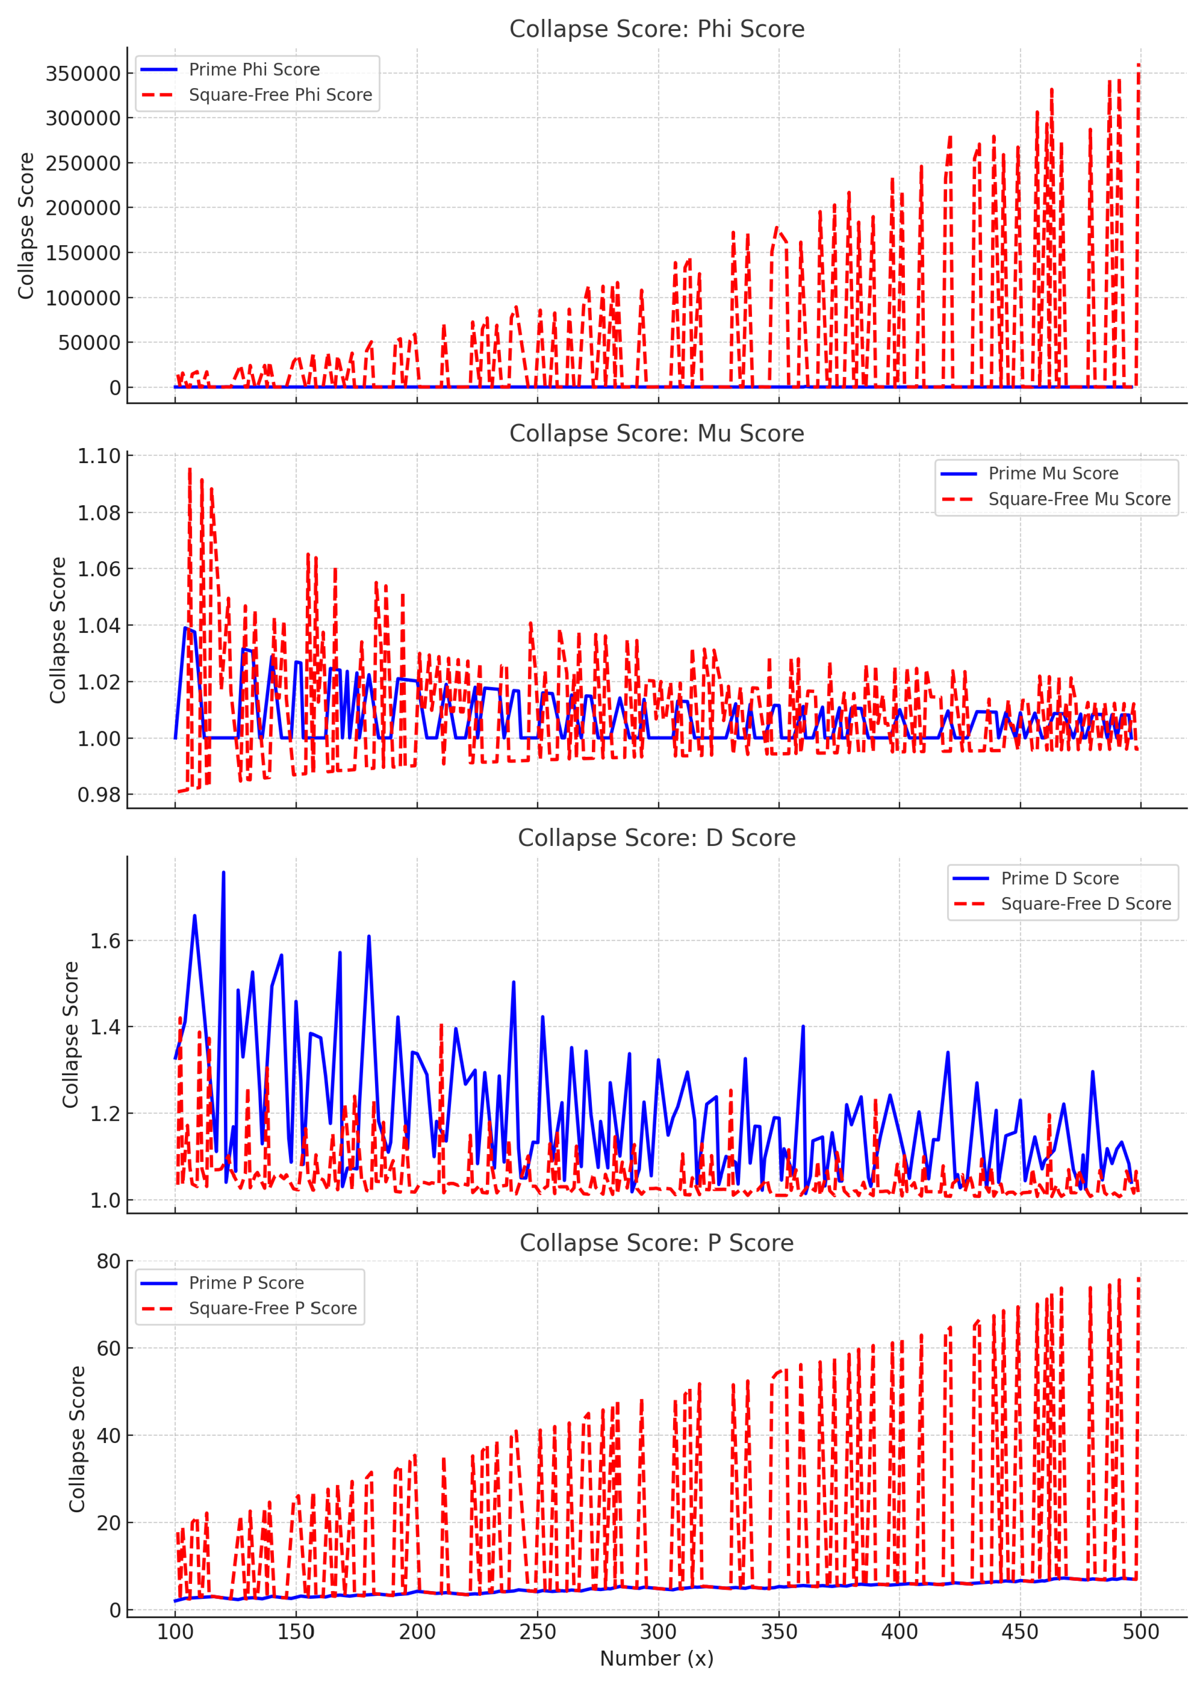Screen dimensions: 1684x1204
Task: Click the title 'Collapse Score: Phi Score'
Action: [656, 29]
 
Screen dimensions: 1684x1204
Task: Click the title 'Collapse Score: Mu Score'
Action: [656, 433]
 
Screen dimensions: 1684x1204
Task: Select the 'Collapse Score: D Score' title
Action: [656, 838]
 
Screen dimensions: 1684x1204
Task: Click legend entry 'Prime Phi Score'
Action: [254, 70]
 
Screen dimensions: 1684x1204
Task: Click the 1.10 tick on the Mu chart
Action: [99, 456]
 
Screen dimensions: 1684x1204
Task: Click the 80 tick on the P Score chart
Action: [108, 1262]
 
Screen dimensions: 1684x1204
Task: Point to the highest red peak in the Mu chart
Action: [190, 469]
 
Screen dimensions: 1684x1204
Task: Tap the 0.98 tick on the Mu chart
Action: [99, 795]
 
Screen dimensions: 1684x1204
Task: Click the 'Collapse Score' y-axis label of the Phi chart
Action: [26, 226]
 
